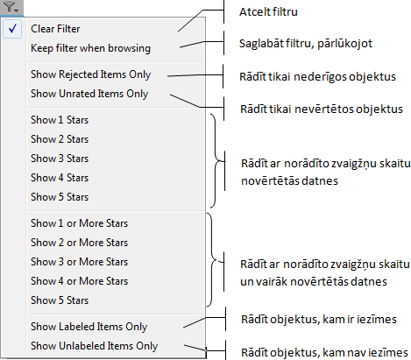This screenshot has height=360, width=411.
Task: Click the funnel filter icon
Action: [11, 8]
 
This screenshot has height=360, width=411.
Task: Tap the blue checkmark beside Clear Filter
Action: [12, 29]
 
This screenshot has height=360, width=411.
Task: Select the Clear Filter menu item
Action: [55, 29]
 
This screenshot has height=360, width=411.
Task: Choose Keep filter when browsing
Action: [90, 48]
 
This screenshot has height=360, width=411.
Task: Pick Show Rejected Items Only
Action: [90, 74]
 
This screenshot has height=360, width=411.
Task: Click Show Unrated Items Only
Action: [89, 94]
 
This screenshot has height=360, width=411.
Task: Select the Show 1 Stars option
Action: [60, 120]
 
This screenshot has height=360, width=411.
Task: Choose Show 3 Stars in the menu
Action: [60, 159]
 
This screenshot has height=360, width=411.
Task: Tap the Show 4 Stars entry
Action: [60, 178]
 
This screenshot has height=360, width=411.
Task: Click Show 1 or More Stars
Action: [79, 223]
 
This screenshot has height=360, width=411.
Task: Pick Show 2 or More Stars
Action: [79, 243]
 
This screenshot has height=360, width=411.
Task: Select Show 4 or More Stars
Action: [79, 281]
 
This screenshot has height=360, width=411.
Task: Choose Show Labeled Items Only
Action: [89, 327]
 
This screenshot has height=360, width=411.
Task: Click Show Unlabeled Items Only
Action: [94, 346]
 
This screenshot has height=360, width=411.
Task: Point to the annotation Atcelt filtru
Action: [268, 12]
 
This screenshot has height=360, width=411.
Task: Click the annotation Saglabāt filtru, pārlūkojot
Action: [306, 44]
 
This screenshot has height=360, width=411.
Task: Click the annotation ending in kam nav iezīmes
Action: [324, 352]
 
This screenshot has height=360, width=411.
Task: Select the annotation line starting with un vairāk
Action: [314, 282]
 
